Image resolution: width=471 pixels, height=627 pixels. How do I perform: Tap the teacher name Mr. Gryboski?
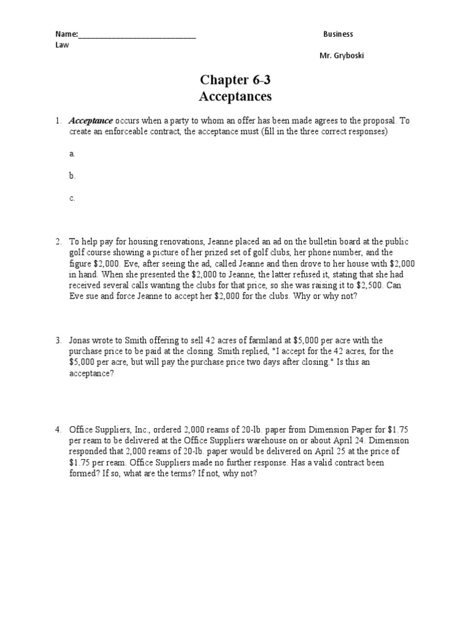(345, 56)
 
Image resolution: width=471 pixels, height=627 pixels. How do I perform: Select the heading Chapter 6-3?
(235, 80)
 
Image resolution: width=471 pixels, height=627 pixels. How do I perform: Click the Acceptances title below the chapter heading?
(235, 97)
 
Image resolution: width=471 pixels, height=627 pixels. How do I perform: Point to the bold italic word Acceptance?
(91, 121)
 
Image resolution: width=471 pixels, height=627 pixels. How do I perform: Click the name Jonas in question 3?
(80, 340)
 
